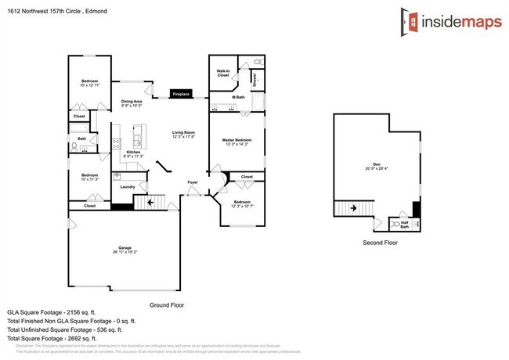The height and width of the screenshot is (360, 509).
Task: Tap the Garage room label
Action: tap(119, 250)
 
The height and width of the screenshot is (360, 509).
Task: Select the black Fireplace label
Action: tap(181, 94)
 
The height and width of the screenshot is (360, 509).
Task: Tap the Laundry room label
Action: tap(128, 186)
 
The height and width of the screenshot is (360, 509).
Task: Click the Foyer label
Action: tap(193, 182)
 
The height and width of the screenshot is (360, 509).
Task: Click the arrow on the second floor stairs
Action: tap(352, 209)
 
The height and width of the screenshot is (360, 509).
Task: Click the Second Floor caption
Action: tap(379, 243)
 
